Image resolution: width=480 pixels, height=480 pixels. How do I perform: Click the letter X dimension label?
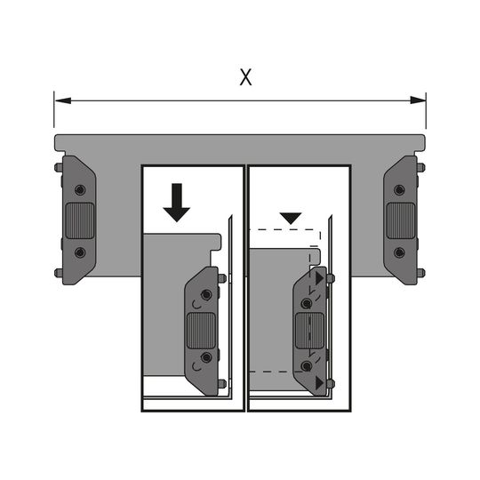245,77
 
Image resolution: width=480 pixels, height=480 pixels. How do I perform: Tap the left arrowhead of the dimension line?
63,100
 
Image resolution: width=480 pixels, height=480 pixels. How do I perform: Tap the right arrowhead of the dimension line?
418,100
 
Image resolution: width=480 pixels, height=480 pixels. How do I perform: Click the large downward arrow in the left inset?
177,203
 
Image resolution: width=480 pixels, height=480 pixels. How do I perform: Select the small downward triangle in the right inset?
291,218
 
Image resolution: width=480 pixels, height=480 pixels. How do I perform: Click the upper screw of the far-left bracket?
80,190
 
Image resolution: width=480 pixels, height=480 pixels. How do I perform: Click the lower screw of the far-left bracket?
80,252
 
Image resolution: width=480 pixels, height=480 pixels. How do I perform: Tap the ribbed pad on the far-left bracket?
80,220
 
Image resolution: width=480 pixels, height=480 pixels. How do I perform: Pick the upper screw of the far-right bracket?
399,190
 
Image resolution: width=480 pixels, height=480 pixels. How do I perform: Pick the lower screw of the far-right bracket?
399,252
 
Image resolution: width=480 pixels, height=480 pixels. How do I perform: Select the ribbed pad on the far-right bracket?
400,220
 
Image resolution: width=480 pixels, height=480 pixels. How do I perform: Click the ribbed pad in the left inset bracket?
201,331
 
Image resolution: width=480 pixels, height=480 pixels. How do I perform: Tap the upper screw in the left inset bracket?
206,295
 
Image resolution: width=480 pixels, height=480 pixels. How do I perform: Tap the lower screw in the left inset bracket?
206,357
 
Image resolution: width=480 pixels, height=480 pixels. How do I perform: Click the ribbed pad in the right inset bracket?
309,331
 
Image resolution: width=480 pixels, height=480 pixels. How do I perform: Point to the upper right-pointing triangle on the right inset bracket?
320,278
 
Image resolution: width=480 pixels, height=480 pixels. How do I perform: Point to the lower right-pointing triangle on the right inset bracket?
320,382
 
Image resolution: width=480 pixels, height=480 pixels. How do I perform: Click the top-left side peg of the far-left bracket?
59,167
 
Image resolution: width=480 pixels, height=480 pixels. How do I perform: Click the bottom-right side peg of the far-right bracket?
420,273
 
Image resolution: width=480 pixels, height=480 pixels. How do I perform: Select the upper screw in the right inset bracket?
307,304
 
